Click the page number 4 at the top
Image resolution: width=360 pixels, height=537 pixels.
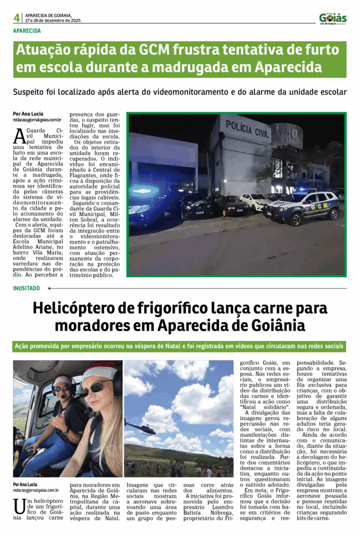pyautogui.click(x=17, y=18)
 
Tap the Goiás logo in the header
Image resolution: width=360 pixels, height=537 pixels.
pyautogui.click(x=333, y=18)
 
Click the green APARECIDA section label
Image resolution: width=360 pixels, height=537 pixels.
pyautogui.click(x=27, y=31)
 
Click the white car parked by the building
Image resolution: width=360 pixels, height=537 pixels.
pyautogui.click(x=255, y=201)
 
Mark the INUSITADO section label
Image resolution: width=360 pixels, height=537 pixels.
pyautogui.click(x=27, y=288)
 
